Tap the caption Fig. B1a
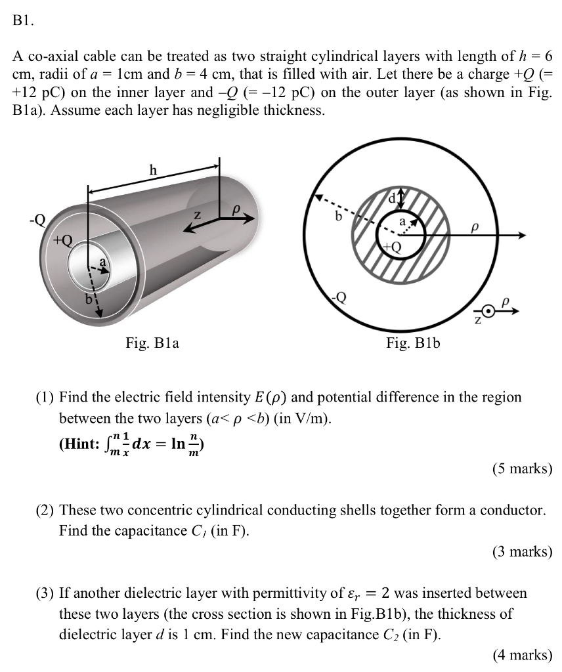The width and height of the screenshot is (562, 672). (153, 342)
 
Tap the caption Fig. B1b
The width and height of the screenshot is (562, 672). (413, 342)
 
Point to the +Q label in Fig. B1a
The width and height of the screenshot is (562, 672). (63, 239)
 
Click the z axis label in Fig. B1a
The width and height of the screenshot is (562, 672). (195, 215)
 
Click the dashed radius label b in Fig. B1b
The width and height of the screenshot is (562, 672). (339, 215)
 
